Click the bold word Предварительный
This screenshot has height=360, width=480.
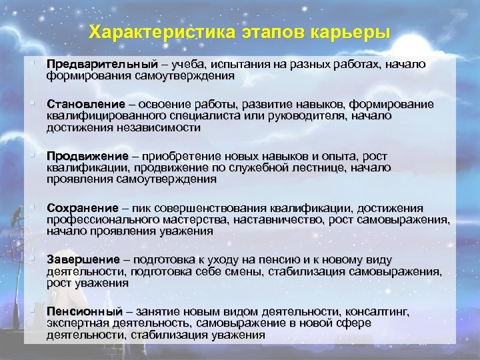click(102, 65)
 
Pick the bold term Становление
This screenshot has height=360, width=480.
click(86, 105)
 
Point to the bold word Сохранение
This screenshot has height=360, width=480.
click(83, 209)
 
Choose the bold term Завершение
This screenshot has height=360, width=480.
click(83, 259)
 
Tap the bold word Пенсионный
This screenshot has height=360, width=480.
click(85, 311)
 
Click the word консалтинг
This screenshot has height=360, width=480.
click(376, 311)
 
